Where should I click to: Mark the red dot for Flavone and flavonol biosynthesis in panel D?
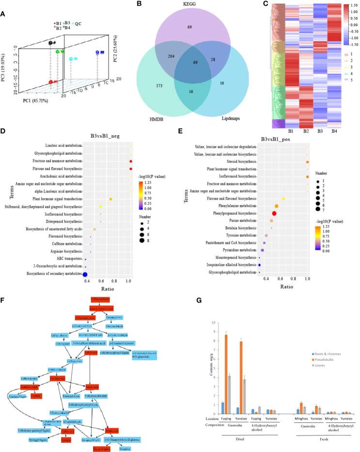(x=131, y=169)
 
